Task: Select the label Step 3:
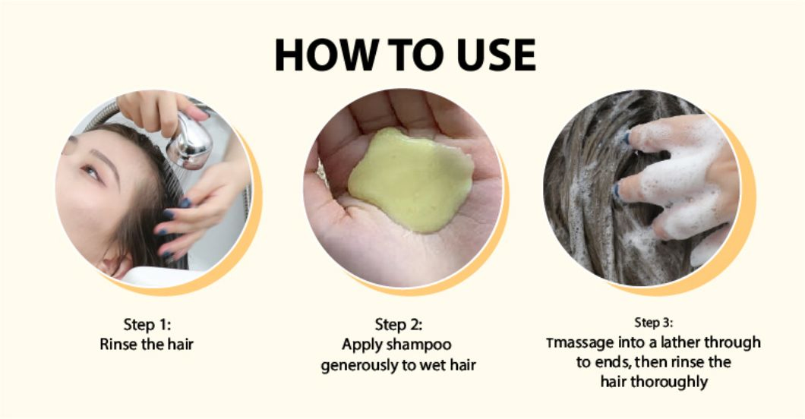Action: click(653, 323)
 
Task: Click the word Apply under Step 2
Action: click(362, 345)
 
